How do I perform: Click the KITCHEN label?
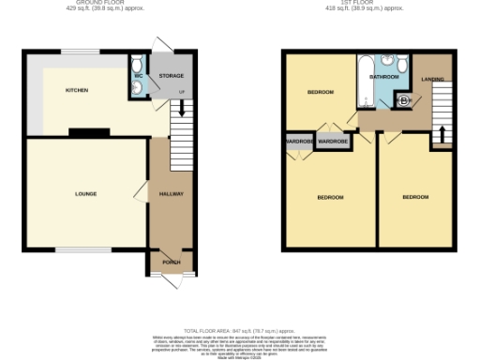[x=76, y=91]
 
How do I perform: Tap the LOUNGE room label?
[x=86, y=194]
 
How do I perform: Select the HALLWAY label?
[x=171, y=194]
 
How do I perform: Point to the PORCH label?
[x=171, y=262]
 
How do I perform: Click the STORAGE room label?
[x=171, y=75]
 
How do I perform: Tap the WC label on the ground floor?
[x=138, y=76]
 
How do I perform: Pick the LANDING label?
[x=432, y=79]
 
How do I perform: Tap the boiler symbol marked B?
[x=404, y=100]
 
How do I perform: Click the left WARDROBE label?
[x=298, y=142]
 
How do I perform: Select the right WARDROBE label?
[x=333, y=142]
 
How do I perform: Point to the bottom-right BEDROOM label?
[x=415, y=197]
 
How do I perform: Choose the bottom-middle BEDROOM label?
[x=330, y=198]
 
